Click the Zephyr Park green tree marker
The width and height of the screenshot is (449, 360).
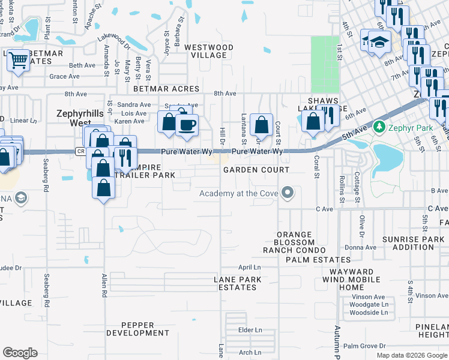click(379, 127)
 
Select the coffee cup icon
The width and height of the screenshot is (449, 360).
click(187, 124)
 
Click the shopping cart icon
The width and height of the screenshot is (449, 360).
click(19, 60)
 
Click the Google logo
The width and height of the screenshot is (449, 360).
click(20, 353)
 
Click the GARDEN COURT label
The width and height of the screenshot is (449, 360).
click(256, 170)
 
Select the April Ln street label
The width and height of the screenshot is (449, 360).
click(250, 267)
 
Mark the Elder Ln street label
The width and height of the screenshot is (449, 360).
click(250, 330)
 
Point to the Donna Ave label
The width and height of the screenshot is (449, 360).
click(360, 247)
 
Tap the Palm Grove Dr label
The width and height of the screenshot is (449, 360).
click(364, 346)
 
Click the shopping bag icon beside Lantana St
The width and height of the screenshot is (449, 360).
click(261, 125)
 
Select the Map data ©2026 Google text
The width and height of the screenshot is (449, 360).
click(411, 355)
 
